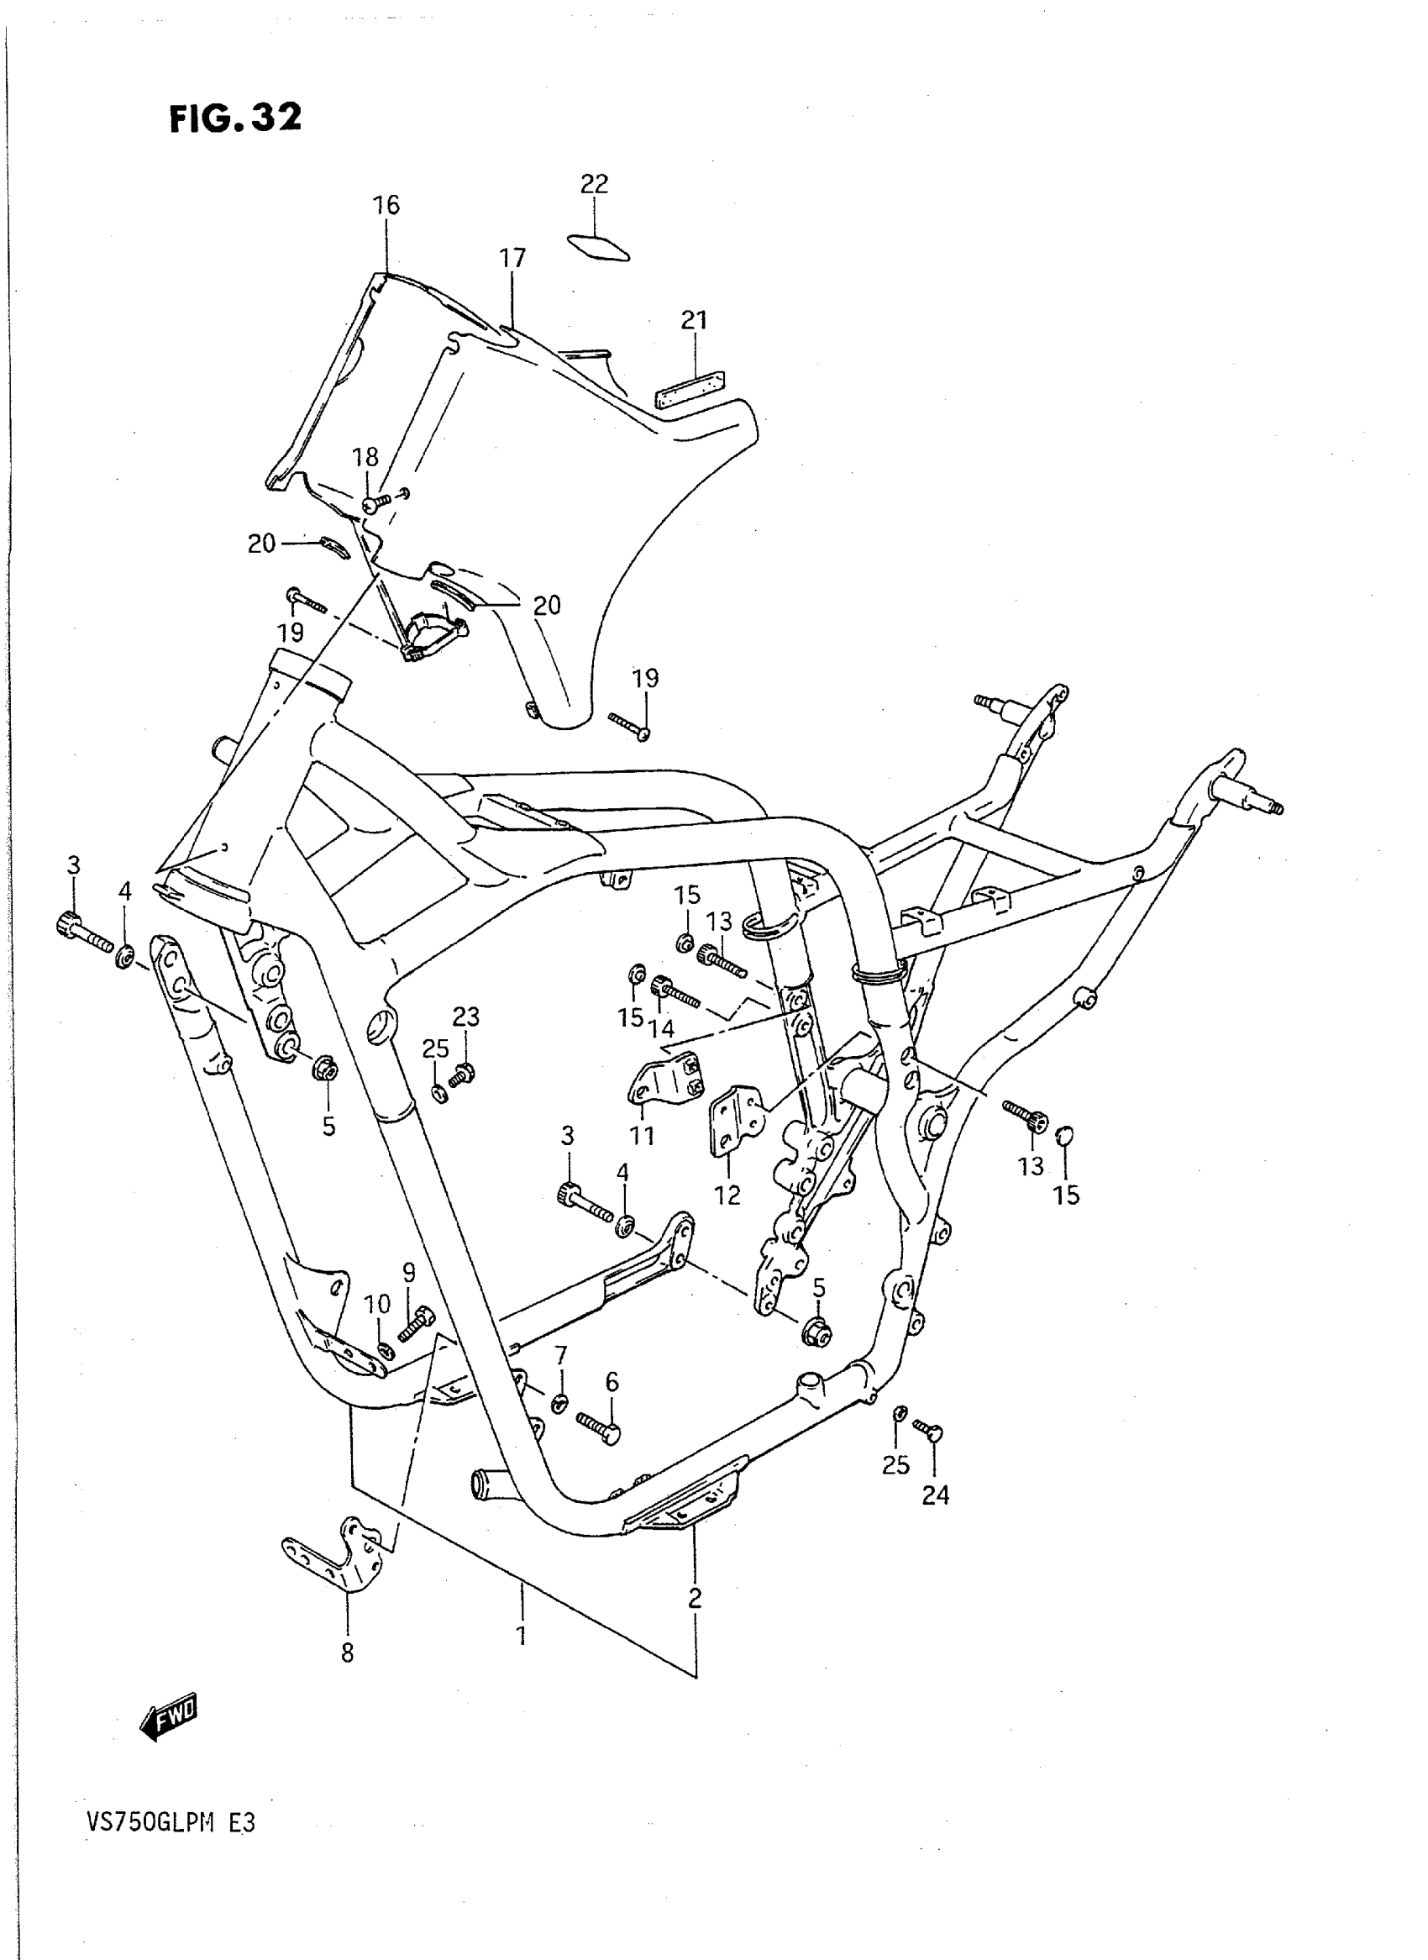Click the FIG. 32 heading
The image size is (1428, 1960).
click(x=235, y=118)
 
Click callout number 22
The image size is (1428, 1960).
click(x=594, y=183)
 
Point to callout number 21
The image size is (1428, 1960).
click(x=694, y=320)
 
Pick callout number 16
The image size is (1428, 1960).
click(x=386, y=205)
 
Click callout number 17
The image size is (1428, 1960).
click(x=512, y=258)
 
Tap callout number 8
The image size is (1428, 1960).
click(x=347, y=1653)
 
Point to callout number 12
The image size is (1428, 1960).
click(x=727, y=1195)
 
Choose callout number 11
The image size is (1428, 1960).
click(x=643, y=1135)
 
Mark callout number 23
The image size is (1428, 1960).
click(x=466, y=1017)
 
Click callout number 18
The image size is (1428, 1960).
click(x=365, y=456)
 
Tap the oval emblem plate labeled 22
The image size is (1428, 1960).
click(x=598, y=245)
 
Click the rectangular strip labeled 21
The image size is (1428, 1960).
click(x=690, y=390)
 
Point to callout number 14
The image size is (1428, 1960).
click(x=664, y=1028)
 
